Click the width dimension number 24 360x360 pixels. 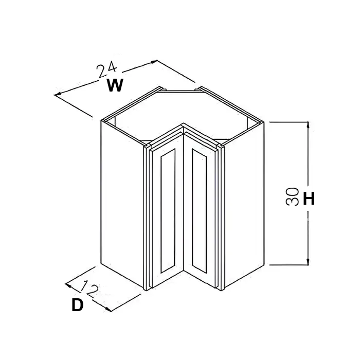coord(106,69)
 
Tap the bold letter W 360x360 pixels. coord(115,85)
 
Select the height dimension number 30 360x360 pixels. coord(292,196)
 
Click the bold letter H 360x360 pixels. coord(309,199)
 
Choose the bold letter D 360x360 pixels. coord(77,305)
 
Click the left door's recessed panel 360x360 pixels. coord(168,211)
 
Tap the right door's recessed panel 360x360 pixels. coord(200,211)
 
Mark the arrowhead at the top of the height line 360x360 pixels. coord(308,125)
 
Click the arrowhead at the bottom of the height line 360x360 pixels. coord(308,261)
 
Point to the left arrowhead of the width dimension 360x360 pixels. coord(58,94)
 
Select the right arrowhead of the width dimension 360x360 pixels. coord(154,62)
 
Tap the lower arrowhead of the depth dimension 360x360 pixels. coord(108,310)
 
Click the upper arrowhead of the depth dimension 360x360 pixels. coord(68,285)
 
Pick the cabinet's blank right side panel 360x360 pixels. coord(244,204)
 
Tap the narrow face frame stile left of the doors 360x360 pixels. coord(146,218)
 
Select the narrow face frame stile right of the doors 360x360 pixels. coord(221,218)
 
